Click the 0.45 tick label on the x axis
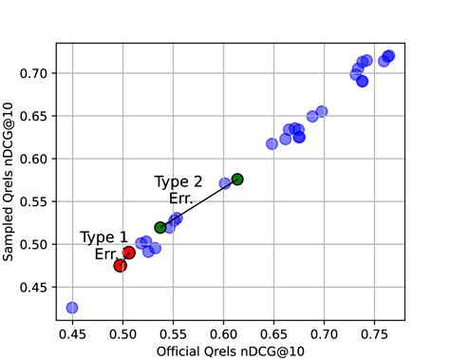72,333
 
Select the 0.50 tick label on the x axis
122,333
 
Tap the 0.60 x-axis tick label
223,333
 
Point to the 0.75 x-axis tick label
374,333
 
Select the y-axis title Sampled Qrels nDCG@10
10,180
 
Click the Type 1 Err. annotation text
104,246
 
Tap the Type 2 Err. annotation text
178,190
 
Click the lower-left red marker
120,266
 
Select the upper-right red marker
129,253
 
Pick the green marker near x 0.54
160,227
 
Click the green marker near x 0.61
237,179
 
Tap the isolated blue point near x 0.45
72,308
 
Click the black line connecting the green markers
199,202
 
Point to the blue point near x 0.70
322,111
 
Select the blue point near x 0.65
272,143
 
